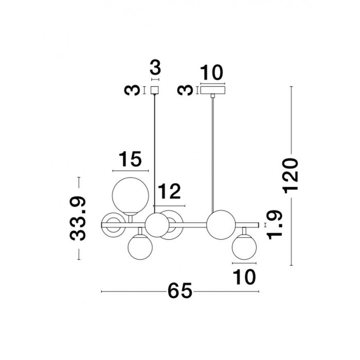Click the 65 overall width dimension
[x=180, y=291]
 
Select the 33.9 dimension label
[x=78, y=219]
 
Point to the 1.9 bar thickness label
[x=274, y=225]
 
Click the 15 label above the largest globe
[x=130, y=159]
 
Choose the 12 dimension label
[x=170, y=191]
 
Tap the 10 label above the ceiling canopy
[x=211, y=73]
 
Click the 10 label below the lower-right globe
[x=244, y=277]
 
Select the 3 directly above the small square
[x=155, y=67]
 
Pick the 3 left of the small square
[x=132, y=90]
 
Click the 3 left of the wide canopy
[x=185, y=90]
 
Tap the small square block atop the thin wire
[x=155, y=90]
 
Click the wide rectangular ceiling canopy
[x=212, y=90]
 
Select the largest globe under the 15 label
[x=131, y=196]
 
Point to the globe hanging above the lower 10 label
[x=244, y=247]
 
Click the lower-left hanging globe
[x=140, y=247]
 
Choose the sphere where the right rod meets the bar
[x=221, y=225]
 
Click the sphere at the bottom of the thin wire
[x=157, y=225]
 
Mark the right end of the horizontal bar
[x=259, y=225]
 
